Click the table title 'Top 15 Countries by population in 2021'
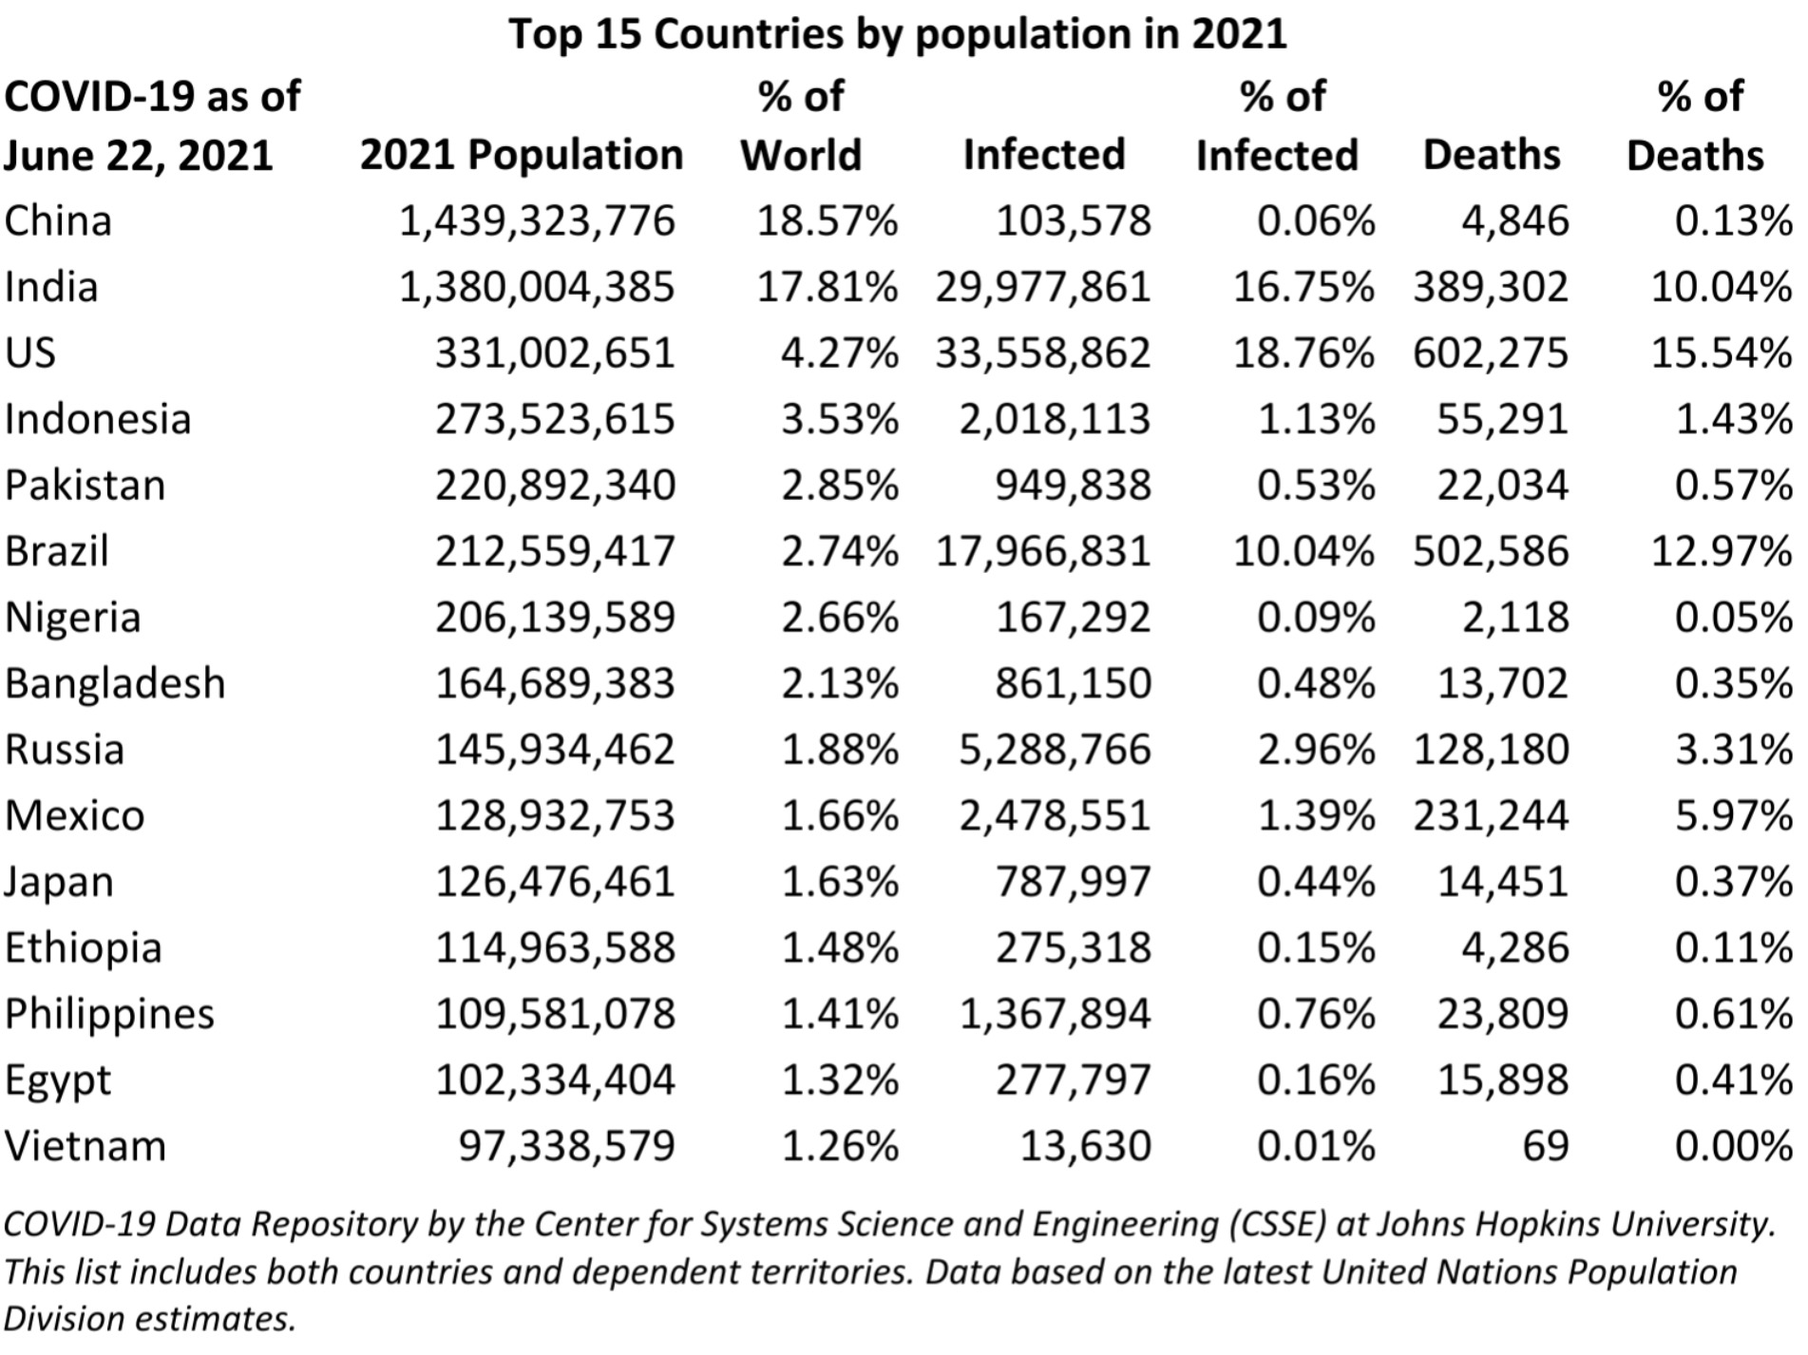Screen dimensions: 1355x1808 (897, 34)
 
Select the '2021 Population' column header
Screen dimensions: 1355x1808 (522, 155)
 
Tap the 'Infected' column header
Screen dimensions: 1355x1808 (1044, 155)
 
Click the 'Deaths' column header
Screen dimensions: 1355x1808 (1491, 155)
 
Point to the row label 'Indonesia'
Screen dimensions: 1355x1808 (98, 419)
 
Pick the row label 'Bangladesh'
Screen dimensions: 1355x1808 (115, 683)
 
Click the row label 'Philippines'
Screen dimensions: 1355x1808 (109, 1014)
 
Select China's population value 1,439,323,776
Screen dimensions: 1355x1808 (537, 221)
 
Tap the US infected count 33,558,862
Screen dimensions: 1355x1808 (1042, 353)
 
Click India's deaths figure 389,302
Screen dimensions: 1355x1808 (1490, 287)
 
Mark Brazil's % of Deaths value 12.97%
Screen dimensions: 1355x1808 (1721, 551)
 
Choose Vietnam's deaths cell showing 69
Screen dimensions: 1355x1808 (1545, 1146)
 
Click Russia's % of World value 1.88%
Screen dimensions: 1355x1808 (839, 750)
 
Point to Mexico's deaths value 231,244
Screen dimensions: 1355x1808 (1490, 815)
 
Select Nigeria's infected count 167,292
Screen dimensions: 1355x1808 (1073, 618)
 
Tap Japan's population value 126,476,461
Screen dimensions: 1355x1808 (555, 882)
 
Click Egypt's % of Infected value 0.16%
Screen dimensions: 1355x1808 (1316, 1080)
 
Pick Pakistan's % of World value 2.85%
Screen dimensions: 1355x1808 (839, 486)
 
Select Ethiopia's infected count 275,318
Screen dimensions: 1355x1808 (1073, 948)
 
